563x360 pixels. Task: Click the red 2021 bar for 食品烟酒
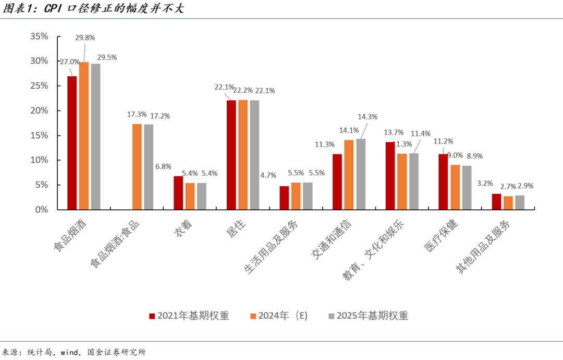click(x=72, y=143)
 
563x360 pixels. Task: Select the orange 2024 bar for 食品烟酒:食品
click(x=137, y=166)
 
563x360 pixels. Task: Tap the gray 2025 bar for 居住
click(x=254, y=154)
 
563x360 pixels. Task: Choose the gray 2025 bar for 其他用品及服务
click(x=520, y=202)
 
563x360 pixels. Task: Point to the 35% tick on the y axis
click(x=39, y=37)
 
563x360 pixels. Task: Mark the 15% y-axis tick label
click(x=39, y=136)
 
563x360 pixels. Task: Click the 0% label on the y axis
click(x=41, y=210)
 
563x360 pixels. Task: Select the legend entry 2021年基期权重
click(x=189, y=316)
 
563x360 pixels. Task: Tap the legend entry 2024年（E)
click(x=279, y=316)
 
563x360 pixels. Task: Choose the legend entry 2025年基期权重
click(x=368, y=316)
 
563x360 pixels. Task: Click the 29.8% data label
click(x=85, y=38)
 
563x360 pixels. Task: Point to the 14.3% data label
click(x=368, y=117)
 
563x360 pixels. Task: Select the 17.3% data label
click(x=137, y=114)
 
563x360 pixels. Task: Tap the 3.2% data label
click(x=485, y=184)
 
